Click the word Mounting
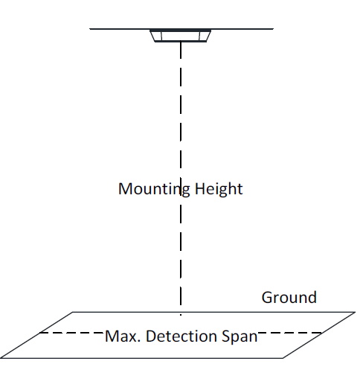[x=154, y=190]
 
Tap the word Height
[x=219, y=189]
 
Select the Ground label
[x=289, y=297]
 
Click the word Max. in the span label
[x=123, y=336]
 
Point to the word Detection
[x=181, y=336]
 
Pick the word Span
[x=240, y=337]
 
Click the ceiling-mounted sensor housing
[x=181, y=36]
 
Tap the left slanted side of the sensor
[x=152, y=36]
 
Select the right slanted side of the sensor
[x=208, y=36]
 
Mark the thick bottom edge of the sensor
[x=181, y=41]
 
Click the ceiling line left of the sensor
[x=120, y=29]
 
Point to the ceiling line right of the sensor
[x=242, y=29]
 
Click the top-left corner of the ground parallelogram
[x=72, y=312]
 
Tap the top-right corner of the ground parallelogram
[x=356, y=312]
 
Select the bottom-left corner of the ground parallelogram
[x=1, y=358]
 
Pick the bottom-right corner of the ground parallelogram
[x=283, y=358]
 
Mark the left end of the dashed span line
[x=40, y=333]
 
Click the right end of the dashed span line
[x=321, y=333]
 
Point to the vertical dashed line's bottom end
[x=181, y=315]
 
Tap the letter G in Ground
[x=267, y=298]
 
